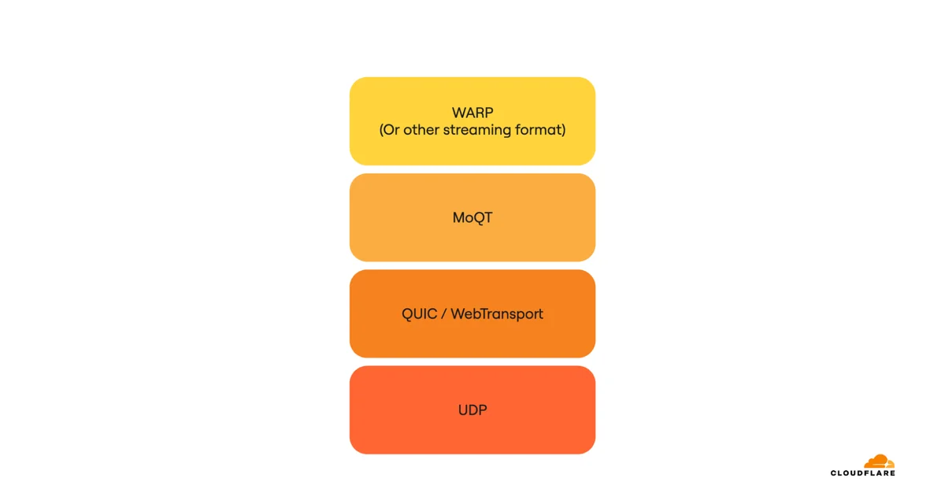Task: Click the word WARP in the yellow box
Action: [472, 113]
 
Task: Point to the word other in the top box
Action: [421, 129]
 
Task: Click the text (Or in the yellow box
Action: [389, 129]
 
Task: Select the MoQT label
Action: [472, 217]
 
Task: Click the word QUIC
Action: [419, 313]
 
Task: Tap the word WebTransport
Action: [497, 313]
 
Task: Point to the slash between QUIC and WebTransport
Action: [444, 313]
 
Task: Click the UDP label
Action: [472, 410]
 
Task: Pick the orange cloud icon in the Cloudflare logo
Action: [879, 461]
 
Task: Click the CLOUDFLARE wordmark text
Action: [863, 473]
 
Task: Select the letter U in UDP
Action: [463, 410]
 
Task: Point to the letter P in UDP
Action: [484, 410]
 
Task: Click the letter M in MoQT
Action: [458, 217]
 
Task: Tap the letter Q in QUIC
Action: [408, 314]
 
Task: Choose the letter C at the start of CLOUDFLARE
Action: [834, 473]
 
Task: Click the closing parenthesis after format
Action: [564, 129]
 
